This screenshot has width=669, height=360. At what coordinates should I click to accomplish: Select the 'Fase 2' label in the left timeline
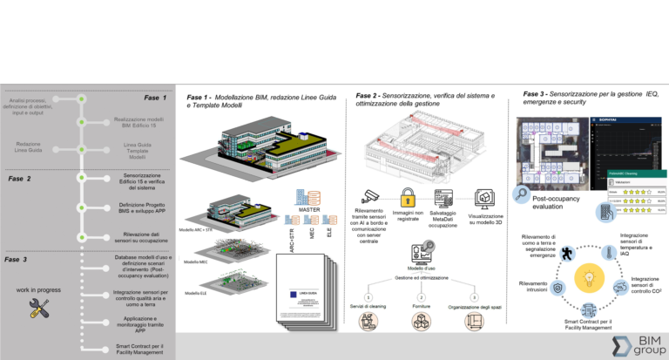[19, 178]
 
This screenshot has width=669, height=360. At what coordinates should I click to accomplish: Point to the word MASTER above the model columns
[311, 210]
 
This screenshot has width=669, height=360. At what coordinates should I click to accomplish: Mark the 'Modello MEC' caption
[198, 262]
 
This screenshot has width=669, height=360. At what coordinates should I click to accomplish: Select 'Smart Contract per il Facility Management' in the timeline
[139, 349]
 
